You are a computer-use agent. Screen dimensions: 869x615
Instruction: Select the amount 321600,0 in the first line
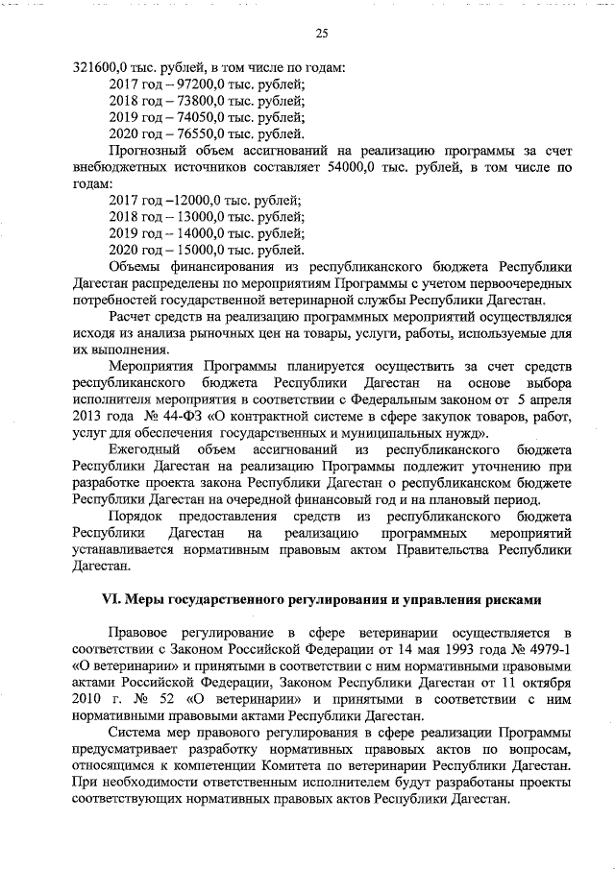pyautogui.click(x=103, y=68)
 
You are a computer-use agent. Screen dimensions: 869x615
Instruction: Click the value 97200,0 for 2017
pyautogui.click(x=190, y=85)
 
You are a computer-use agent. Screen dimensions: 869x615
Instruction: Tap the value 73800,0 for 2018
pyautogui.click(x=190, y=101)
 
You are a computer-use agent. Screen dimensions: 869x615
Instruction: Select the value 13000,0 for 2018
pyautogui.click(x=190, y=216)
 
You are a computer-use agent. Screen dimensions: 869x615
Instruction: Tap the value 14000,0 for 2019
pyautogui.click(x=190, y=232)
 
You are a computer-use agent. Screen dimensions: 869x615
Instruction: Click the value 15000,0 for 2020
pyautogui.click(x=190, y=249)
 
